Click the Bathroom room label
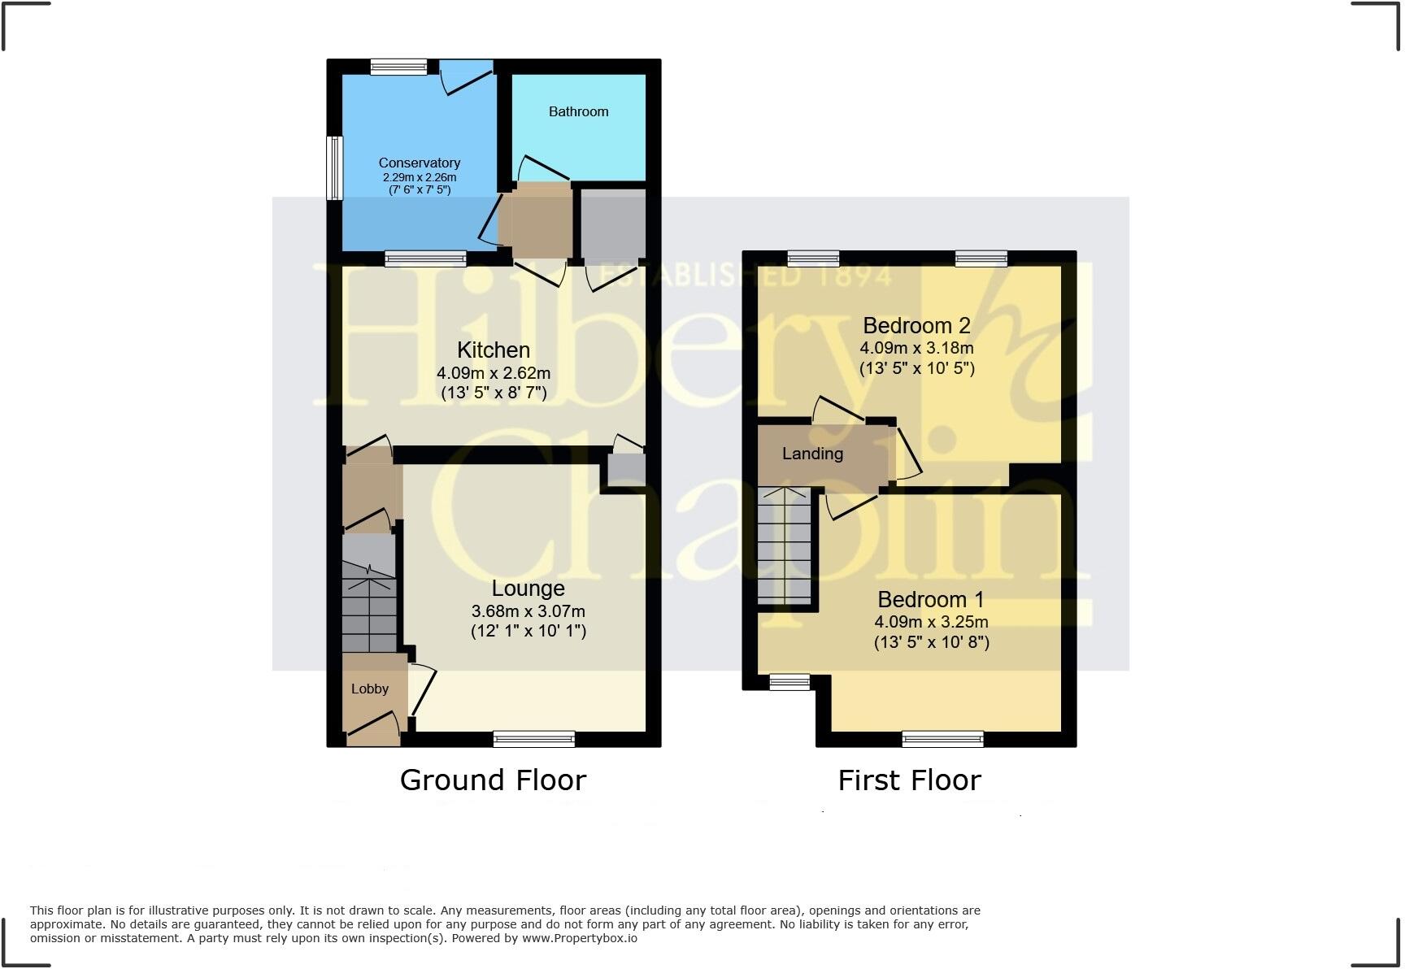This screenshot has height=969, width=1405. pyautogui.click(x=578, y=111)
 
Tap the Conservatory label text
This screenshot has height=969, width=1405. pyautogui.click(x=419, y=163)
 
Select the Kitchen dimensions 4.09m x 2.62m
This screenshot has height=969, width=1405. pyautogui.click(x=494, y=374)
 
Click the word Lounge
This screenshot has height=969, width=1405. pyautogui.click(x=528, y=589)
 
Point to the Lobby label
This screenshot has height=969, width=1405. pyautogui.click(x=370, y=689)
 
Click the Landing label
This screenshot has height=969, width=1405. pyautogui.click(x=812, y=454)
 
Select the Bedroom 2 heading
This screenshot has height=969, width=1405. pyautogui.click(x=916, y=326)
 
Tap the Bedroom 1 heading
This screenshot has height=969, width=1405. pyautogui.click(x=930, y=600)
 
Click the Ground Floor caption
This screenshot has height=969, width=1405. pyautogui.click(x=493, y=780)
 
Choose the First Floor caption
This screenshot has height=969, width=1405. pyautogui.click(x=909, y=780)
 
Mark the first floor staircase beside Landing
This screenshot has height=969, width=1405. pyautogui.click(x=785, y=546)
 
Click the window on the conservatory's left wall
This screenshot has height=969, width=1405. pyautogui.click(x=334, y=167)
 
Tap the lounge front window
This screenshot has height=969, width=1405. pyautogui.click(x=534, y=739)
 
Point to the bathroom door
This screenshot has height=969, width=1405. pyautogui.click(x=542, y=169)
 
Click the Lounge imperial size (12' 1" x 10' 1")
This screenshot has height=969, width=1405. pyautogui.click(x=528, y=631)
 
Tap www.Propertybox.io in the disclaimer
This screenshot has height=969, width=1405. pyautogui.click(x=579, y=938)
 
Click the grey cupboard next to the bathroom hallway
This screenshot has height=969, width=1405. pyautogui.click(x=613, y=224)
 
